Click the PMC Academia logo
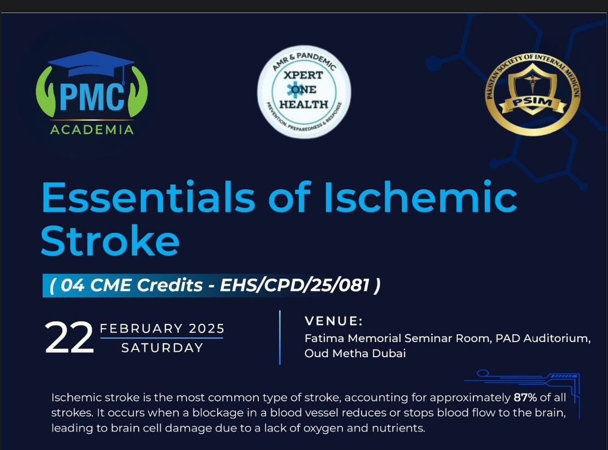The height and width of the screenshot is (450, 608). pos(92,93)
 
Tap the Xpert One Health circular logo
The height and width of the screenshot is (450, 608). pos(305,92)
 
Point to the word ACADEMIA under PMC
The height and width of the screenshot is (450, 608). pos(92,130)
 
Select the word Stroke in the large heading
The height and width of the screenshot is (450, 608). pos(110,240)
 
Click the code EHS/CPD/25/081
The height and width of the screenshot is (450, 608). pos(294,285)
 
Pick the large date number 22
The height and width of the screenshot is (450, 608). pos(69,338)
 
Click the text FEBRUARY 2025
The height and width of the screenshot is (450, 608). pos(162,329)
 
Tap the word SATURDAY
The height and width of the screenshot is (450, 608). pos(162,347)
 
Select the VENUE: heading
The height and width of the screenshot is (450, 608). pos(334,321)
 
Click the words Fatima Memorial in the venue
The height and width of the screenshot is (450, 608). pos(353,338)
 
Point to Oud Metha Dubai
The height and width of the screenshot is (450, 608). pos(355,353)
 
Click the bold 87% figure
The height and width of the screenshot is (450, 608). pos(525,398)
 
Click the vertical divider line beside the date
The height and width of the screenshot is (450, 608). pos(280,337)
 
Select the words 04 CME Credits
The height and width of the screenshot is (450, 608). pos(132,285)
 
